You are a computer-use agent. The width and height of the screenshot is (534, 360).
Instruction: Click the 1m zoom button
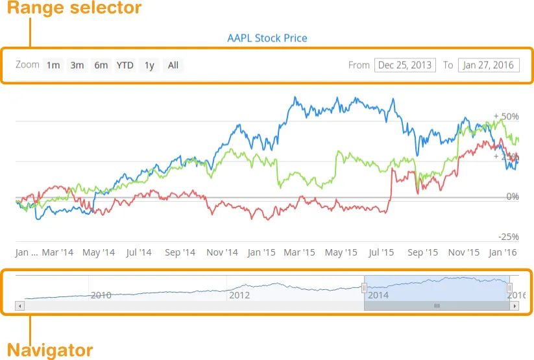[53, 65]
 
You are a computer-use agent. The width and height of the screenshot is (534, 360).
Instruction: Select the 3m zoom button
[77, 65]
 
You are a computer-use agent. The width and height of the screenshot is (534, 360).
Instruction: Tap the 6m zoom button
[101, 65]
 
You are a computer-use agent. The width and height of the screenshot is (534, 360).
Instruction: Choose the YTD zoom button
[125, 65]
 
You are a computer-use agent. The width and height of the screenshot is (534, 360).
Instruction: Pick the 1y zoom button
[149, 65]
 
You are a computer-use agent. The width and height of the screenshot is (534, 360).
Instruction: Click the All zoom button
[173, 65]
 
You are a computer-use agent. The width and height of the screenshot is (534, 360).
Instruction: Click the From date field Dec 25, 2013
[405, 65]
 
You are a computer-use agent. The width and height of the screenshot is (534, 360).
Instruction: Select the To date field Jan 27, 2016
[488, 65]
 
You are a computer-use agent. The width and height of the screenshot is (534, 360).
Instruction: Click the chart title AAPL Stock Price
[267, 38]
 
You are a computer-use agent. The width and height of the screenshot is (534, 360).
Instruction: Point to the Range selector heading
[74, 9]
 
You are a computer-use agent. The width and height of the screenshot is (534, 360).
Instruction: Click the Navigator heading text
[50, 350]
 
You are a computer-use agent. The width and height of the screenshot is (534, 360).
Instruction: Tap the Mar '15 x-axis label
[299, 252]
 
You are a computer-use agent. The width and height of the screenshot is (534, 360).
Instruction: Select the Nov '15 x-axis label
[464, 252]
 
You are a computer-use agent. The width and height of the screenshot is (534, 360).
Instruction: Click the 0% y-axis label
[513, 196]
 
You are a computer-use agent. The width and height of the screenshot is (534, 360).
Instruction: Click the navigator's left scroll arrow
[19, 306]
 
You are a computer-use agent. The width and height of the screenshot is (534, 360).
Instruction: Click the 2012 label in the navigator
[239, 294]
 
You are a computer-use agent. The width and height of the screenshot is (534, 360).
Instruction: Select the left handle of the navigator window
[364, 287]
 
